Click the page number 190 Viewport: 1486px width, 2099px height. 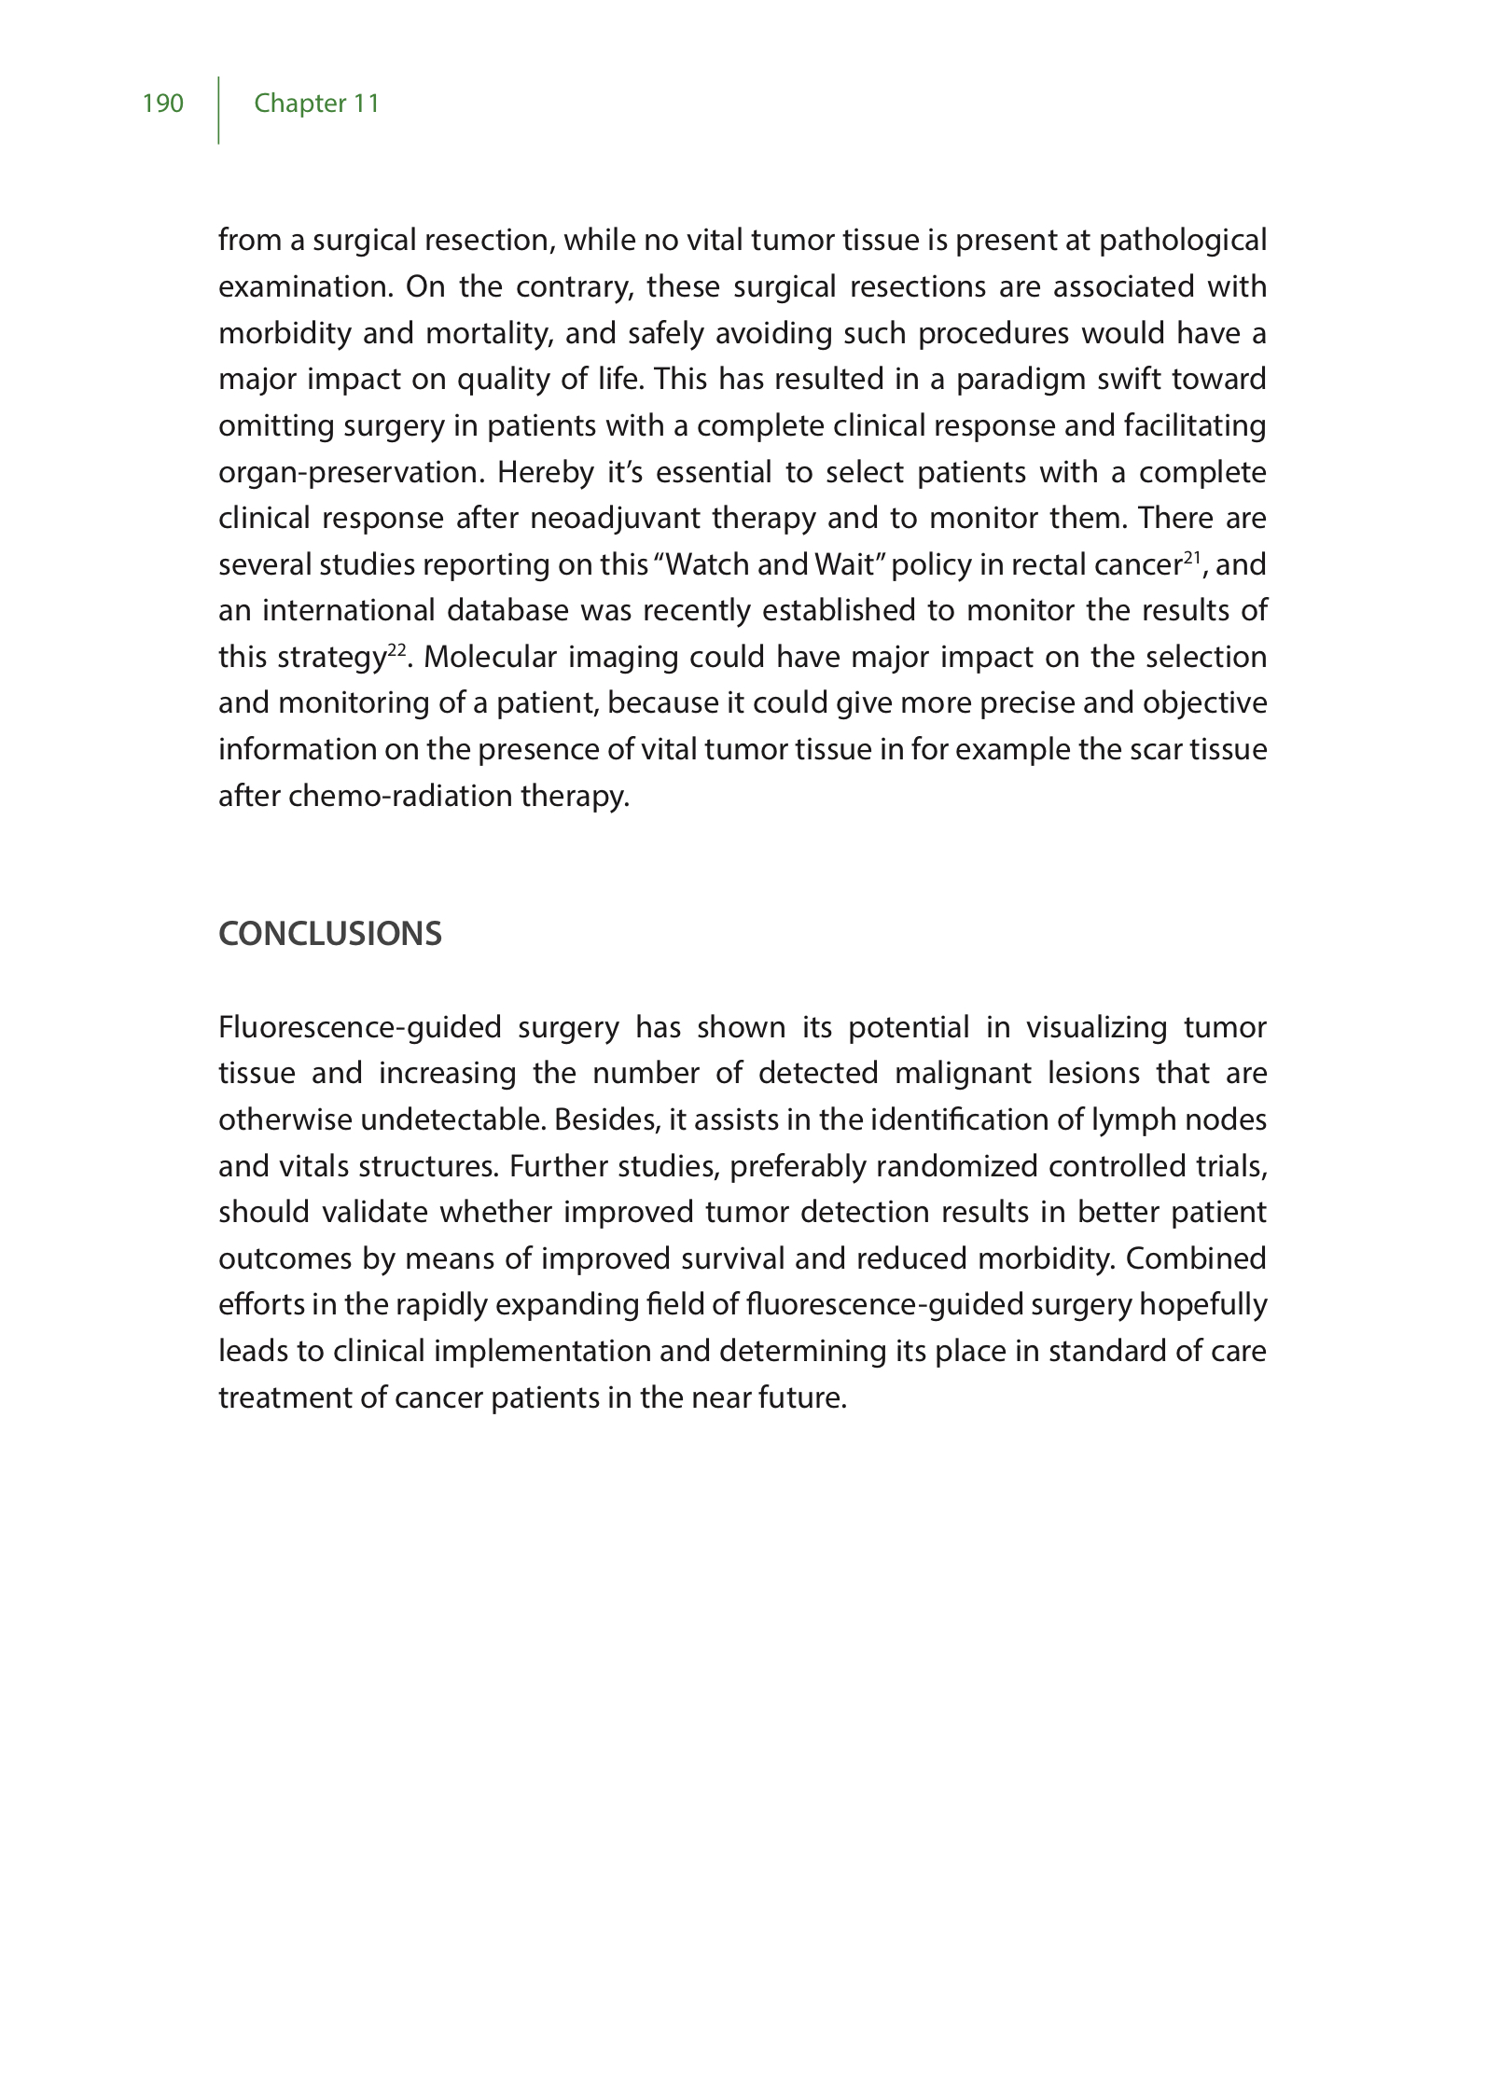[163, 104]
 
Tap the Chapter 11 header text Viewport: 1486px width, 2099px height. [317, 104]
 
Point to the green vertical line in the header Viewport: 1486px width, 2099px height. [219, 110]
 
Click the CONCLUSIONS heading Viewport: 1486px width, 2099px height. [330, 934]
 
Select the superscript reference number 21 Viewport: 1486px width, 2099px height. [1191, 558]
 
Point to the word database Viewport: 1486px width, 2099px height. [507, 611]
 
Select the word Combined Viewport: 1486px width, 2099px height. [1196, 1259]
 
